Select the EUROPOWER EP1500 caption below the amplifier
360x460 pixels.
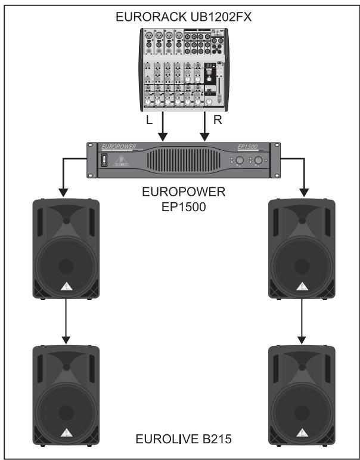(180, 200)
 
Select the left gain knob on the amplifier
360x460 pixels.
(238, 161)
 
